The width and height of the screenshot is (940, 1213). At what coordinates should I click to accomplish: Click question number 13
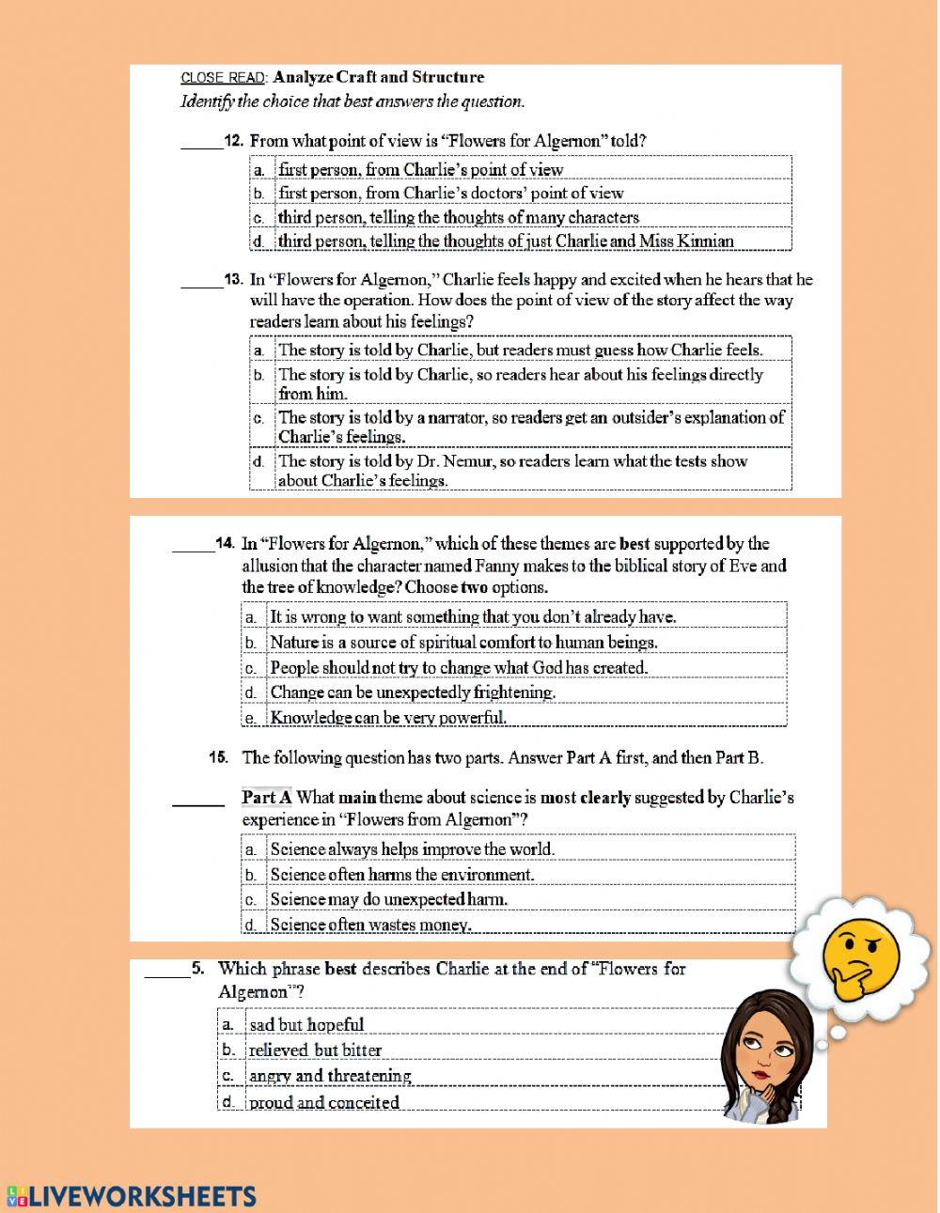tap(234, 279)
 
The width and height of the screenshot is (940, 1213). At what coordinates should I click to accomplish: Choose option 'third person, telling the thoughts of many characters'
tap(458, 217)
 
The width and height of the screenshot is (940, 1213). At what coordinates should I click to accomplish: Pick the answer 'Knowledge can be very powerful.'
tap(388, 717)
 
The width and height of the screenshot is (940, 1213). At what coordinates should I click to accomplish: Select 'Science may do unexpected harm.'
tap(388, 899)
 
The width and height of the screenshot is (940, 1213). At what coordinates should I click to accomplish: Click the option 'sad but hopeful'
tap(306, 1025)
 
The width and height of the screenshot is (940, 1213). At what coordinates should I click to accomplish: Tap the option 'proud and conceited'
tap(323, 1102)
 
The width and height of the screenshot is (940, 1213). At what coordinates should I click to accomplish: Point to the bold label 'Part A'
tap(267, 798)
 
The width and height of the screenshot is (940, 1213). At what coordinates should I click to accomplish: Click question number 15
tap(219, 757)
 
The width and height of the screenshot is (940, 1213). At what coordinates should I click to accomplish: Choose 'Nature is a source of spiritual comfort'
tap(463, 642)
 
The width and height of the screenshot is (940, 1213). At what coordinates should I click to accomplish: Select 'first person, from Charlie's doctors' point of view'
tap(450, 193)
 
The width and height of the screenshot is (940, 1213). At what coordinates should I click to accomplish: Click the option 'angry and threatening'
tap(330, 1076)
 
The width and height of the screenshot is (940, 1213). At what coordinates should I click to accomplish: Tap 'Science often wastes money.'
tap(370, 925)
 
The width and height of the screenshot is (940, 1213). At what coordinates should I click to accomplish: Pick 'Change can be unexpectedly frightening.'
tap(413, 692)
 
